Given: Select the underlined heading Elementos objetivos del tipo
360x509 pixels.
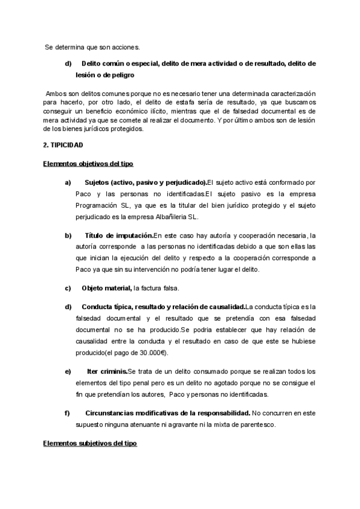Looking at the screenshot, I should tap(88, 163).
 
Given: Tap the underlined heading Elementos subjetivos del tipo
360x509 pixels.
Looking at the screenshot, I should tap(90, 444).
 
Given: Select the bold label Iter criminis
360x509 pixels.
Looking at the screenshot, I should tap(106, 372).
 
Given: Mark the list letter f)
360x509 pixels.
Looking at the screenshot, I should tap(68, 414).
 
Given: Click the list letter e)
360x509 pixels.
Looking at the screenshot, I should tap(68, 372).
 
